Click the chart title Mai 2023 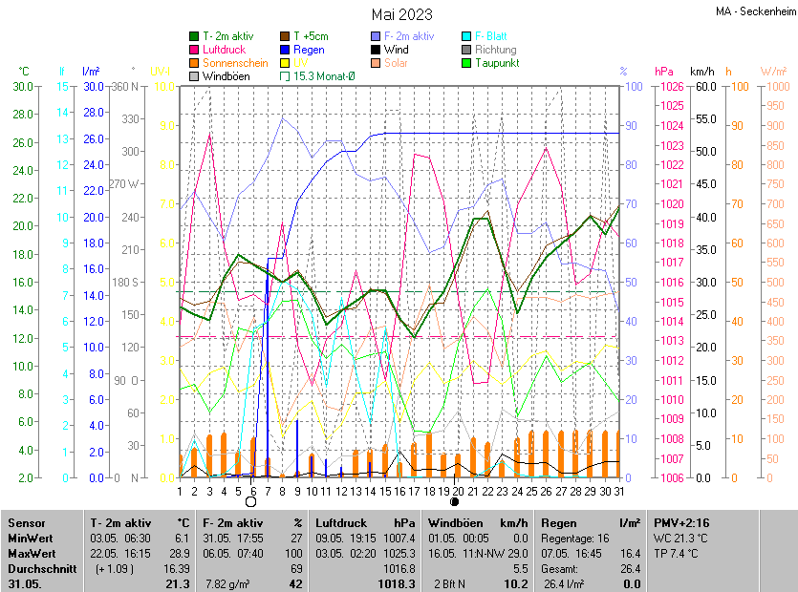tap(401, 14)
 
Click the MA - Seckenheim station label tap(754, 11)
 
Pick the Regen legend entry tap(309, 50)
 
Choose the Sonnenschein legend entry tap(235, 63)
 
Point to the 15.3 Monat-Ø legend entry tap(324, 76)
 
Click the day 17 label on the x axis tap(413, 491)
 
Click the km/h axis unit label tap(701, 72)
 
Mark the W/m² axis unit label tap(773, 72)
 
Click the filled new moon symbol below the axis tap(455, 501)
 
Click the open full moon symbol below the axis tap(251, 501)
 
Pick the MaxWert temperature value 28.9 tap(179, 553)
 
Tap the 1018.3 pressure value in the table tap(397, 583)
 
